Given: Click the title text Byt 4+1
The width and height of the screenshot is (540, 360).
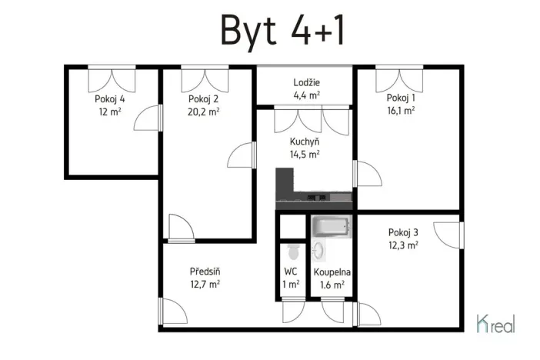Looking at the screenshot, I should [282, 30].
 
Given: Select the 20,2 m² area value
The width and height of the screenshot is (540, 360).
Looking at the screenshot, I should [205, 111].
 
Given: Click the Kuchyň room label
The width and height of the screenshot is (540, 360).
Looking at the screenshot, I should [305, 142].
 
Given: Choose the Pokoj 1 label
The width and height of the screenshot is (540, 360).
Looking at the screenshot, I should [401, 98].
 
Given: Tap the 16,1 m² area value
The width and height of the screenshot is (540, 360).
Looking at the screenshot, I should [401, 110].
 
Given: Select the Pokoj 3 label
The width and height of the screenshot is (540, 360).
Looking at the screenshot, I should [403, 233].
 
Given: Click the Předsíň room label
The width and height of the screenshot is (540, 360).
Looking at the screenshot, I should [205, 272].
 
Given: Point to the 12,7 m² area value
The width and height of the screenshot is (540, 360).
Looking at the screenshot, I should [205, 284].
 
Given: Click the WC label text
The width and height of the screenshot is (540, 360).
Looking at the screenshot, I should [291, 272].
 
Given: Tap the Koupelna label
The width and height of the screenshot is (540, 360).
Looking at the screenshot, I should [332, 272].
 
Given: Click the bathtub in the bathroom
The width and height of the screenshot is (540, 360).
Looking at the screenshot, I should [331, 228].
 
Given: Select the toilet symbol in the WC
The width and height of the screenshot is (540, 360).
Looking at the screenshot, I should [292, 251].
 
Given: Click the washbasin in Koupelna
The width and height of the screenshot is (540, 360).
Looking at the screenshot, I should [318, 251].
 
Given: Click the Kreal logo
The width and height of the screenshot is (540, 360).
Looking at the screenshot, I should [496, 324].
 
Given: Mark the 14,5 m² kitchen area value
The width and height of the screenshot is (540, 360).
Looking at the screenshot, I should [305, 154].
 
